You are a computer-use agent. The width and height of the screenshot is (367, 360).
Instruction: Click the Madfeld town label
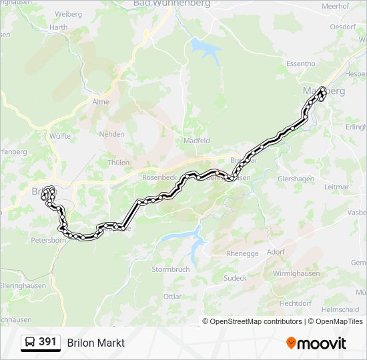pyautogui.click(x=196, y=141)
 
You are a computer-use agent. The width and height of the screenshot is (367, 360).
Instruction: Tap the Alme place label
pyautogui.click(x=101, y=102)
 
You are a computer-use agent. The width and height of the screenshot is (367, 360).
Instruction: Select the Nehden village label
pyautogui.click(x=111, y=134)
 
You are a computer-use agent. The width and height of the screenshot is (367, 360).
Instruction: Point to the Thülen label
pyautogui.click(x=118, y=162)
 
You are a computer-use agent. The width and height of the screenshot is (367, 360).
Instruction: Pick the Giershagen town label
pyautogui.click(x=294, y=179)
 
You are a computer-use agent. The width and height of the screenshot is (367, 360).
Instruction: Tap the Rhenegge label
pyautogui.click(x=242, y=253)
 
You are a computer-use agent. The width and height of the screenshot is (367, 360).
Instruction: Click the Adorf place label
pyautogui.click(x=275, y=253)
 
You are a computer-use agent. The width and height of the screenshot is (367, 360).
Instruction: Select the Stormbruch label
pyautogui.click(x=171, y=269)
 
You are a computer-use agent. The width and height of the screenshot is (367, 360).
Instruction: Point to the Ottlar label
pyautogui.click(x=172, y=296)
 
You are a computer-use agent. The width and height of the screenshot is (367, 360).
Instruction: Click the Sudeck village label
pyautogui.click(x=235, y=278)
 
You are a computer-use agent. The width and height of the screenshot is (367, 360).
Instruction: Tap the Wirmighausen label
pyautogui.click(x=296, y=274)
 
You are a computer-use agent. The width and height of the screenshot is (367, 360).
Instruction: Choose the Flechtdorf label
pyautogui.click(x=296, y=303)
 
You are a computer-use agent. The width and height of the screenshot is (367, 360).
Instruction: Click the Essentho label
pyautogui.click(x=300, y=64)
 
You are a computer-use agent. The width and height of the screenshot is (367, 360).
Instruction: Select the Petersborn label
pyautogui.click(x=48, y=239)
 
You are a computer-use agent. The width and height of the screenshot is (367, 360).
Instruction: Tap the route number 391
pyautogui.click(x=47, y=342)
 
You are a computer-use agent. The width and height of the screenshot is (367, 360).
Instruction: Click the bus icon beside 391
pyautogui.click(x=31, y=343)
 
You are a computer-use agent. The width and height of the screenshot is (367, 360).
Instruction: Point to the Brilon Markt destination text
pyautogui.click(x=95, y=343)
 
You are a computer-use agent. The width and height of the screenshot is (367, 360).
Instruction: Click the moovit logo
pyautogui.click(x=316, y=343)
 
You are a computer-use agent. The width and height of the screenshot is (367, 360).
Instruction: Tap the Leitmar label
pyautogui.click(x=336, y=188)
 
